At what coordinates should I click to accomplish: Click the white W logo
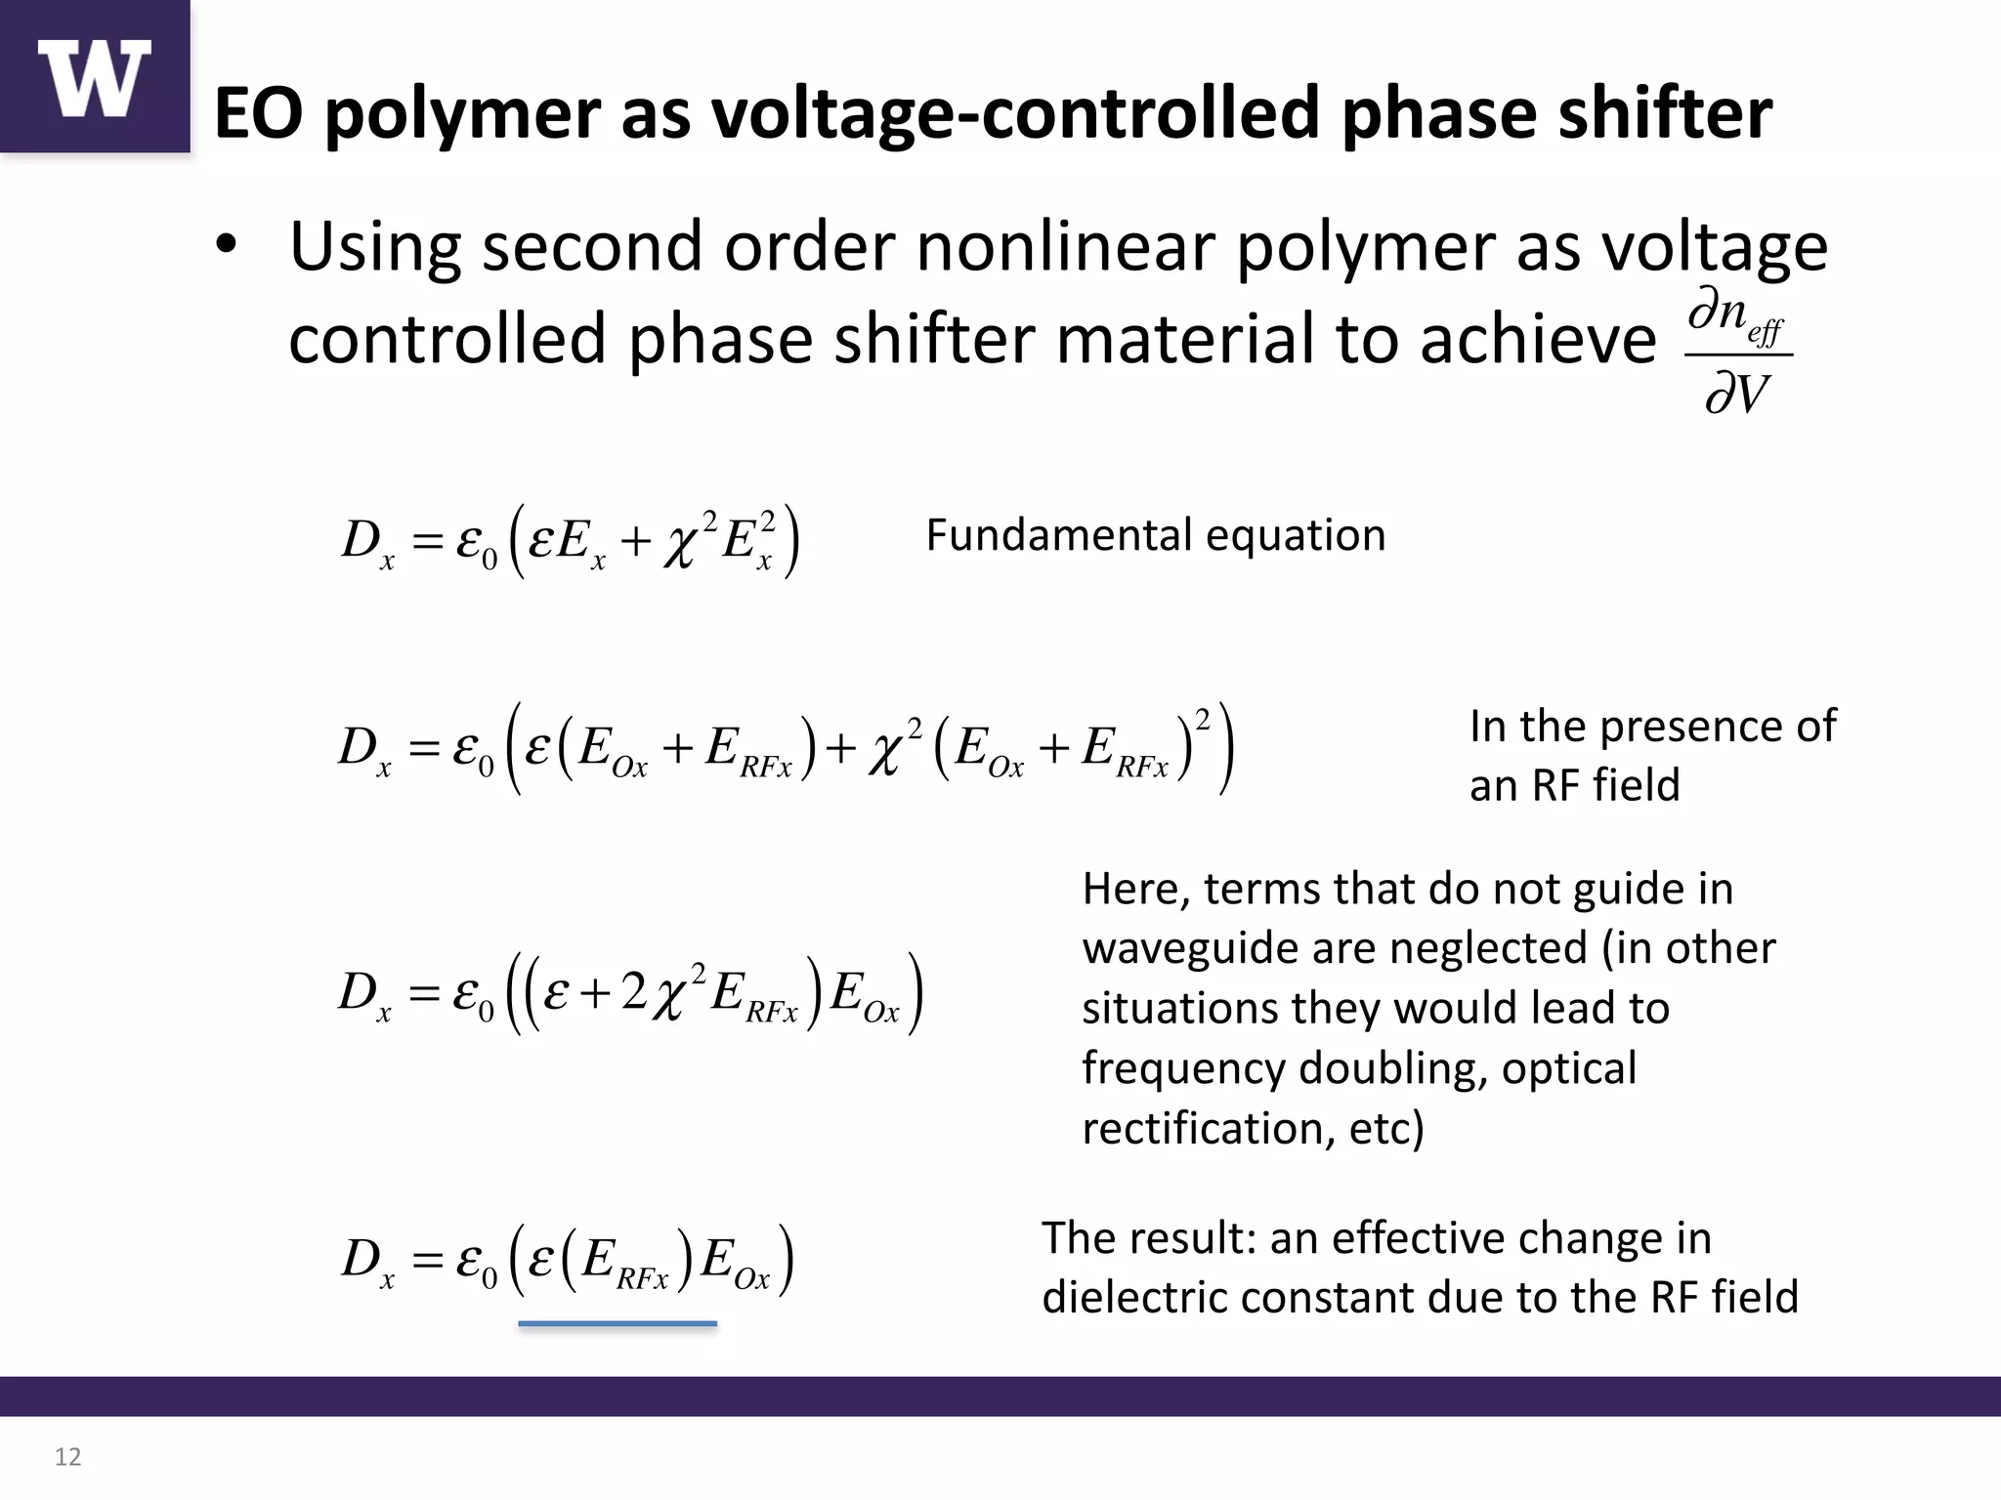point(95,78)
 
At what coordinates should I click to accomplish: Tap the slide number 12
point(67,1457)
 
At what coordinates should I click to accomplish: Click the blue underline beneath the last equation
point(617,1323)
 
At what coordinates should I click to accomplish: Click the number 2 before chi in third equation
point(633,991)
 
